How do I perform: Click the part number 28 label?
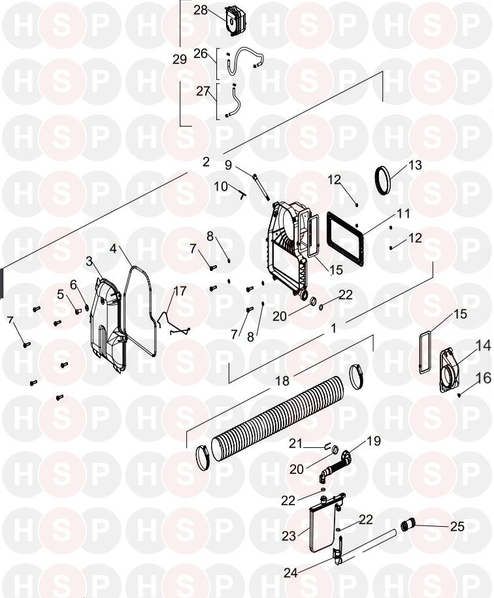tap(200, 10)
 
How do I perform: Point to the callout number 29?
tap(180, 59)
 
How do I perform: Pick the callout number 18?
tap(282, 380)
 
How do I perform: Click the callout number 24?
tap(291, 573)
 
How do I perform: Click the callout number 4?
tap(113, 249)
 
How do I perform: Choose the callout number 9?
tap(228, 165)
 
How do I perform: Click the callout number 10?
tap(221, 187)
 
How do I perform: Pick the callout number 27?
tap(203, 91)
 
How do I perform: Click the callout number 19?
tap(374, 441)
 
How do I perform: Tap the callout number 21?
tap(295, 443)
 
